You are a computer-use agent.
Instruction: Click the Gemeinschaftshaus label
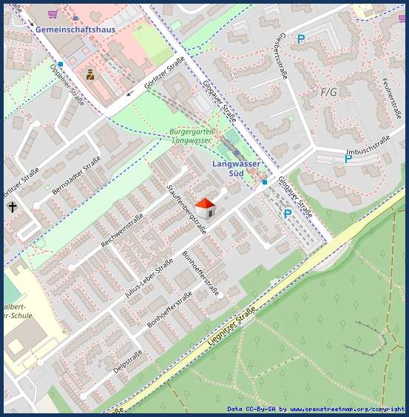(75, 29)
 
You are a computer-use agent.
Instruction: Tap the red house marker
(205, 207)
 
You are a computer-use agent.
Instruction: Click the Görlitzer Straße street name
(164, 74)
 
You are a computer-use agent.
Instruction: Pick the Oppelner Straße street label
(67, 82)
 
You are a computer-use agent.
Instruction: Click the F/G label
(328, 92)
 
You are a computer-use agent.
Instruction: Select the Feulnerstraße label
(391, 99)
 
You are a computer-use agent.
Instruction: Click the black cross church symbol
(12, 207)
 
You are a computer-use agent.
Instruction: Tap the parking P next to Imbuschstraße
(348, 159)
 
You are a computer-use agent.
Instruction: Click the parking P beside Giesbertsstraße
(300, 39)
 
